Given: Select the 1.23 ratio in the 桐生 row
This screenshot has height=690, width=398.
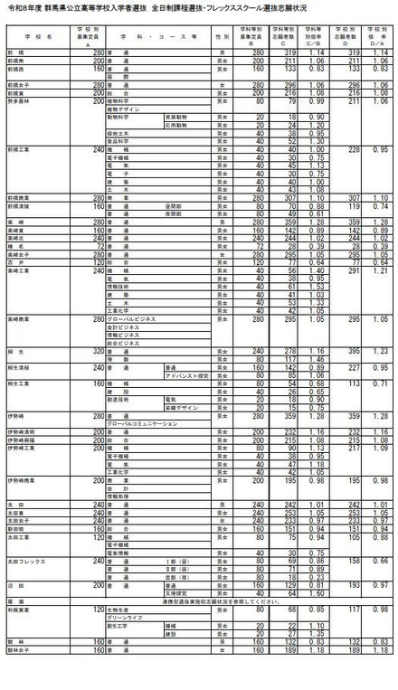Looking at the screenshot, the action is (x=380, y=350).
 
